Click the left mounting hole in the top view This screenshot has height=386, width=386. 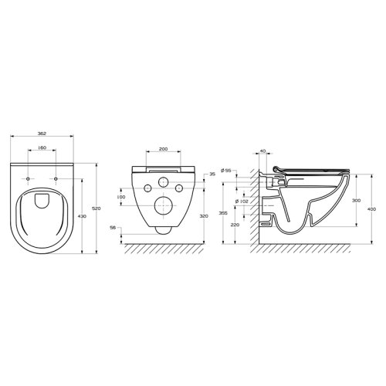(x=29, y=179)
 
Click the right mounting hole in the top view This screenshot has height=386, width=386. (x=59, y=179)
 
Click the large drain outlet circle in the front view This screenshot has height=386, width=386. (x=163, y=205)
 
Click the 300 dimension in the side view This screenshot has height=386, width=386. (x=356, y=200)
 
